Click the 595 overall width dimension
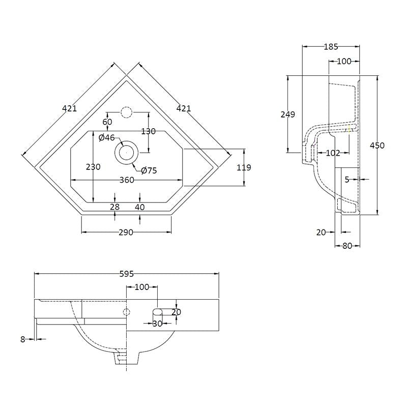(127, 274)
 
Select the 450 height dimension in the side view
(377, 146)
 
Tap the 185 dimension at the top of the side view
(331, 47)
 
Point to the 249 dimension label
(288, 114)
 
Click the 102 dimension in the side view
(333, 153)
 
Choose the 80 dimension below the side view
(347, 246)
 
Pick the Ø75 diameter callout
(149, 170)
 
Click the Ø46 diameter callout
(107, 138)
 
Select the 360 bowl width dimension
(127, 180)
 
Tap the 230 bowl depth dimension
(94, 167)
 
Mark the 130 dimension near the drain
(149, 131)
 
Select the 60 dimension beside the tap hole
(107, 122)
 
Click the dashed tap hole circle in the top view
(126, 112)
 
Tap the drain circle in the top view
(126, 152)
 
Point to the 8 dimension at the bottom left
(23, 339)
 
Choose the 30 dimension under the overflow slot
(157, 324)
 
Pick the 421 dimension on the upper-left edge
(70, 108)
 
